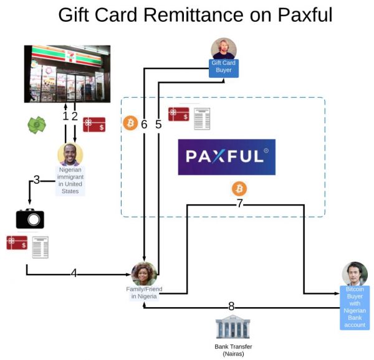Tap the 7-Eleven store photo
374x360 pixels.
coord(67,73)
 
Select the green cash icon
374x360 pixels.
coord(37,125)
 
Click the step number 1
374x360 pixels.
coord(65,116)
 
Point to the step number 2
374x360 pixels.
coord(75,116)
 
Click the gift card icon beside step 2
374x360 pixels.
coord(94,125)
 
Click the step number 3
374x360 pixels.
coord(36,180)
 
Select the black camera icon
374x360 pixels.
coord(29,218)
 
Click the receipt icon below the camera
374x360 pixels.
coord(41,247)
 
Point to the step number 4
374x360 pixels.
coord(74,273)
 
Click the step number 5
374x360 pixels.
coord(158,124)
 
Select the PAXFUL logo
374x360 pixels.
coord(226,157)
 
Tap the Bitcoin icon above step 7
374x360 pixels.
coord(239,189)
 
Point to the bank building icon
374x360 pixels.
coord(233,328)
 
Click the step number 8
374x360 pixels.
coord(231,306)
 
